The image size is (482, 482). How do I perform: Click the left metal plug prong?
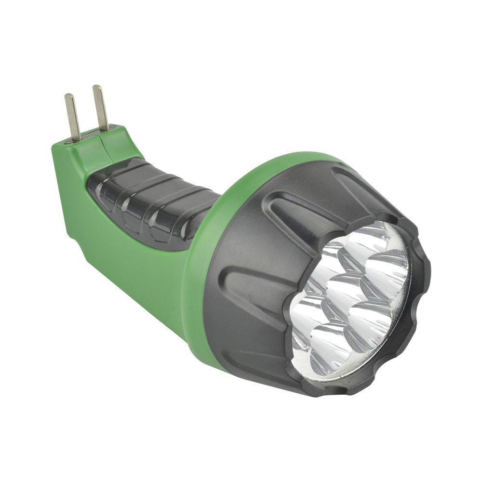click(72, 116)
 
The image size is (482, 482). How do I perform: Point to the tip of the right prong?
click(97, 88)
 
